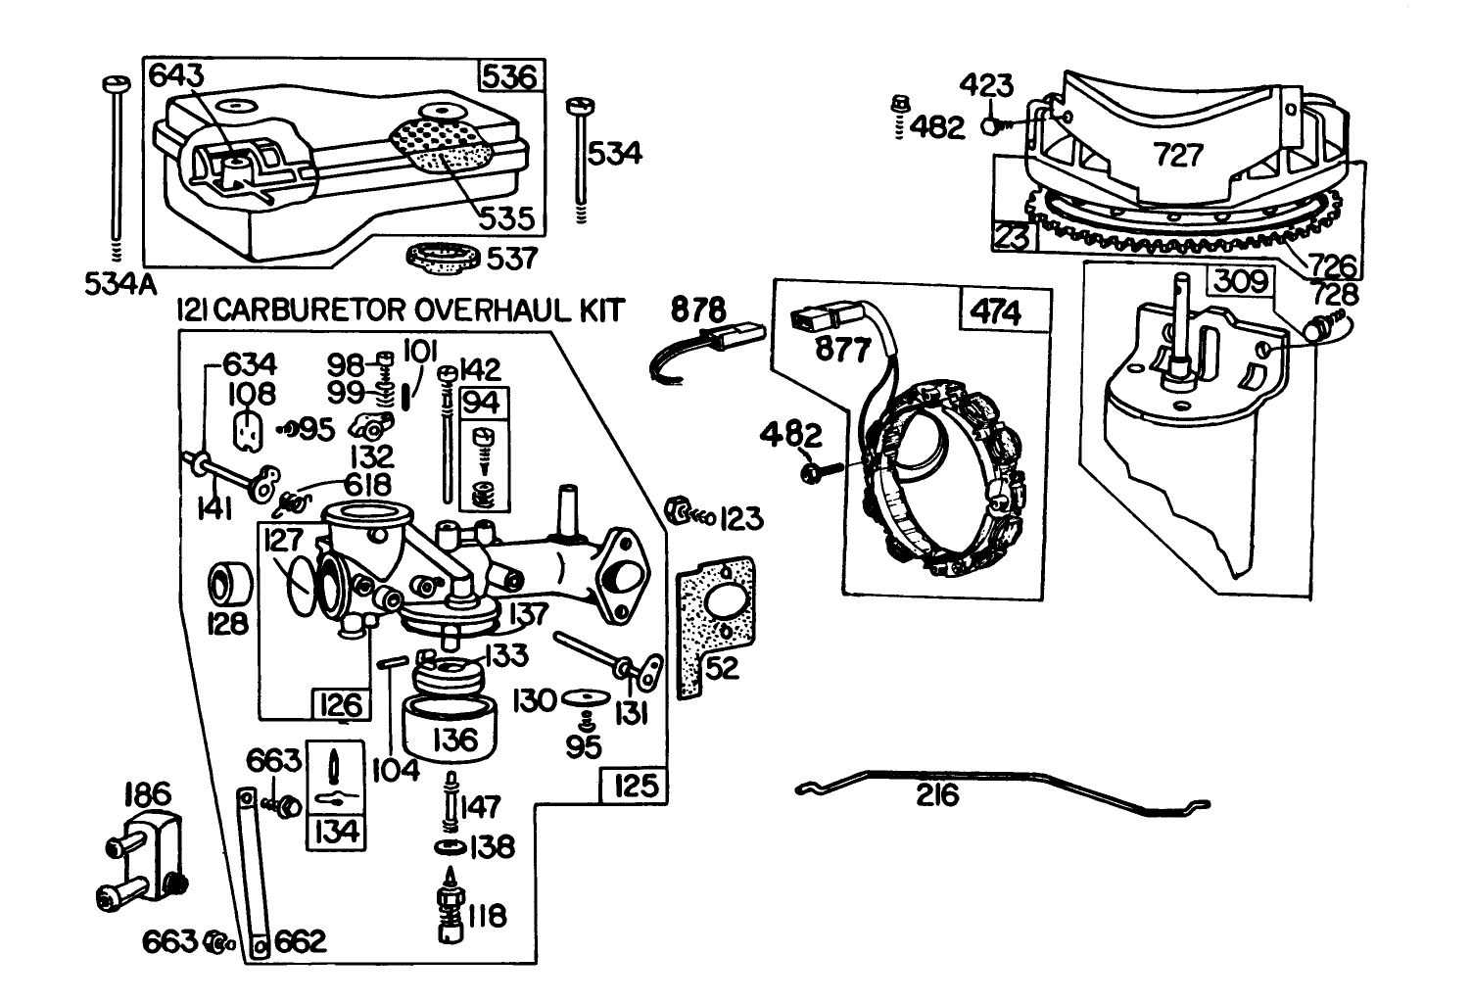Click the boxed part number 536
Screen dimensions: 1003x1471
pos(509,75)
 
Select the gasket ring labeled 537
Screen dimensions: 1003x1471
pos(443,259)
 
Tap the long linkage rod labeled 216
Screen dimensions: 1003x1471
pos(999,789)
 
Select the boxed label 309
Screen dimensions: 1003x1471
pos(1242,282)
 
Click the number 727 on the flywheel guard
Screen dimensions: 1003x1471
pos(1177,155)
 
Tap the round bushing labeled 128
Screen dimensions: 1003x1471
pos(231,585)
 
